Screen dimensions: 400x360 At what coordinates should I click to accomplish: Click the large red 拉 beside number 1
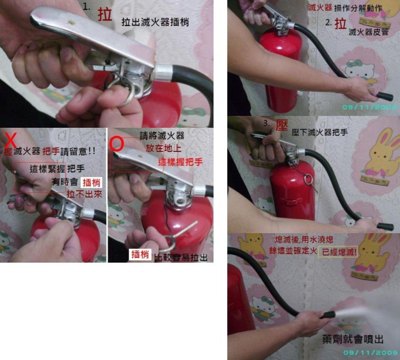point(105,14)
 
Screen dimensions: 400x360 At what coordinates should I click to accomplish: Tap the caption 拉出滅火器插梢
point(155,22)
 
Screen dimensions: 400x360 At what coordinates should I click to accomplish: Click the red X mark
point(10,141)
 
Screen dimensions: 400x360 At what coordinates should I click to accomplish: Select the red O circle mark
point(117,144)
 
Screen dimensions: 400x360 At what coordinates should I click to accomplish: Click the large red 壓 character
point(282,125)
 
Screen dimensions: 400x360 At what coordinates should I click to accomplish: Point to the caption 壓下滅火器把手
point(320,132)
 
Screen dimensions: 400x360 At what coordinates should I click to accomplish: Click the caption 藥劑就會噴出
point(353,339)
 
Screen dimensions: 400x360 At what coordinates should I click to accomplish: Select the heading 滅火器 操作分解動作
point(345,8)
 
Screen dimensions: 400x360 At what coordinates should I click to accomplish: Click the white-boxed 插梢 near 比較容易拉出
point(140,254)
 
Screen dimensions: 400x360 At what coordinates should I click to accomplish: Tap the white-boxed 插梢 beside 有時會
point(92,182)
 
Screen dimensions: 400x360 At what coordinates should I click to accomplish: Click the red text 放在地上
point(163,148)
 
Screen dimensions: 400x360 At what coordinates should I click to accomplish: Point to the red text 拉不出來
point(84,194)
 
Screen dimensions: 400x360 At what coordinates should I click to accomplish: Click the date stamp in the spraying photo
point(371,352)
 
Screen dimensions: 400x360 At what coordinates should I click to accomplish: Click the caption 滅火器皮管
point(368,32)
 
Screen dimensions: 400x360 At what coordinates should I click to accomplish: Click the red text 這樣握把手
point(180,162)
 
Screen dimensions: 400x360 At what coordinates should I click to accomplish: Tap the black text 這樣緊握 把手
point(57,169)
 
